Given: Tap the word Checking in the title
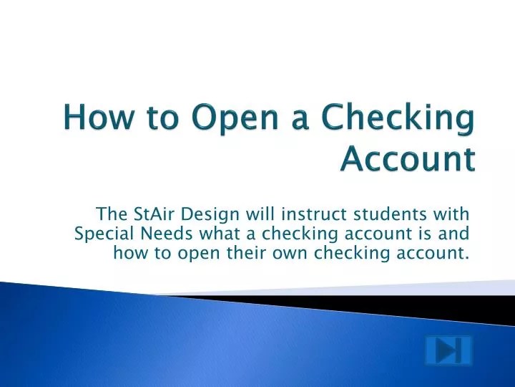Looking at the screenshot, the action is (x=398, y=119).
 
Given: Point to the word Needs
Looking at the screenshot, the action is (x=167, y=234).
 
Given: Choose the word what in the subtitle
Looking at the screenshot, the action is (x=220, y=234).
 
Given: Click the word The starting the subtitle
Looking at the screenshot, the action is (x=112, y=214).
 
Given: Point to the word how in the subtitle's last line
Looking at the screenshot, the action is (x=130, y=253).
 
